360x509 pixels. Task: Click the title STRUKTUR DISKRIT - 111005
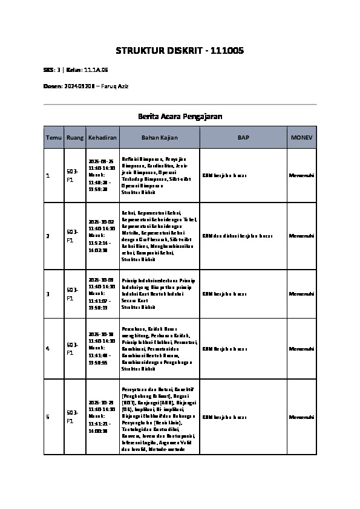[180, 51]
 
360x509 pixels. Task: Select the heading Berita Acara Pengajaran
[180, 116]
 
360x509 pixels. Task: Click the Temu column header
[53, 138]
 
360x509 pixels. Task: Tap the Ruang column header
[75, 138]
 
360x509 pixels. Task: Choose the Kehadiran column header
[102, 138]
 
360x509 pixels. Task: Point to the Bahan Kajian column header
[159, 138]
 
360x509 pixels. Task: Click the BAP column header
[243, 138]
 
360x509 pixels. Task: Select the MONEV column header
[301, 138]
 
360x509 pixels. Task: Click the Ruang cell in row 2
[71, 236]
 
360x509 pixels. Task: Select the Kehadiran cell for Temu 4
[102, 349]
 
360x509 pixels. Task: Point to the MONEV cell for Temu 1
[301, 175]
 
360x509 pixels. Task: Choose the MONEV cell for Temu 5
[301, 417]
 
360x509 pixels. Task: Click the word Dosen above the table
[53, 86]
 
